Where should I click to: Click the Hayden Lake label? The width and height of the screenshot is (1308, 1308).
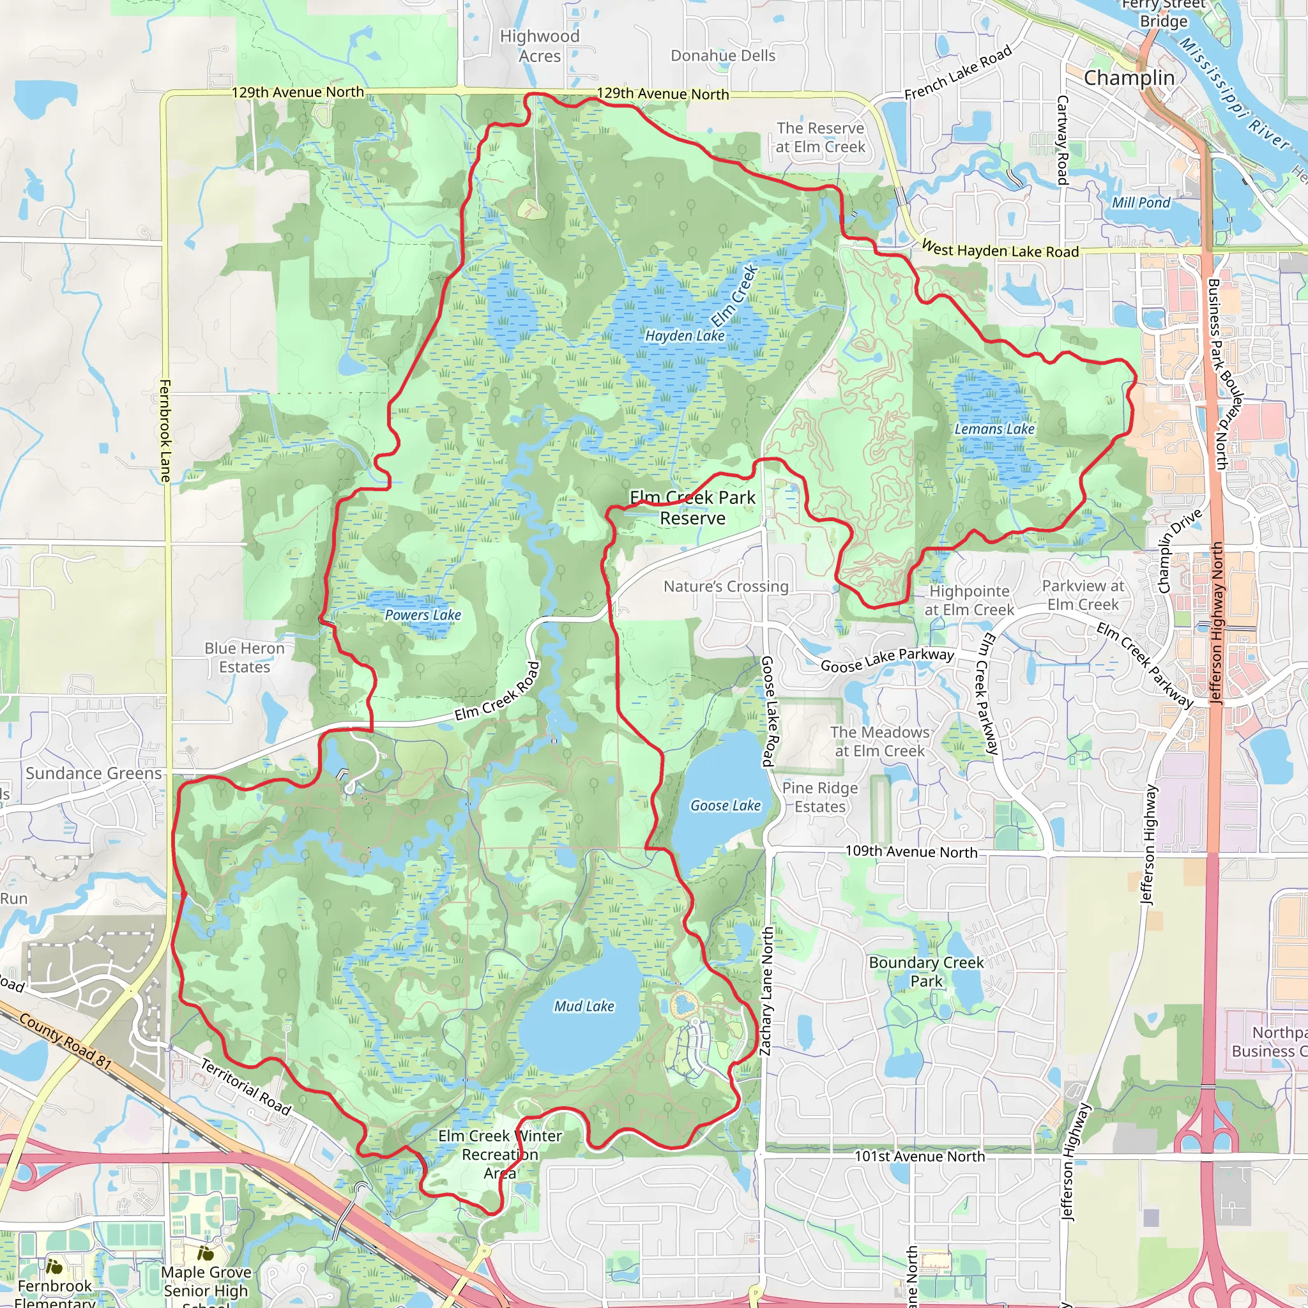pyautogui.click(x=685, y=336)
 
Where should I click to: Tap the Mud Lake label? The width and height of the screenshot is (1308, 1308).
pyautogui.click(x=584, y=1006)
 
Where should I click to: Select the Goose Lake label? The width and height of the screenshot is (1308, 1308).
pyautogui.click(x=725, y=805)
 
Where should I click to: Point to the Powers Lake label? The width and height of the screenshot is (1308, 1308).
pyautogui.click(x=422, y=615)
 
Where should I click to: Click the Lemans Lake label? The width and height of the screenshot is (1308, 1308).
pyautogui.click(x=994, y=429)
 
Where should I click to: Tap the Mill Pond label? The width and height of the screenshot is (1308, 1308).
pyautogui.click(x=1141, y=202)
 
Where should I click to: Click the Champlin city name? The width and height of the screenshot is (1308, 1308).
pyautogui.click(x=1129, y=78)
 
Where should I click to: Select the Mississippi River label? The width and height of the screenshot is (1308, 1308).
pyautogui.click(x=1233, y=95)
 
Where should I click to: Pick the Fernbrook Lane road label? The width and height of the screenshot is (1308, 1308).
pyautogui.click(x=165, y=430)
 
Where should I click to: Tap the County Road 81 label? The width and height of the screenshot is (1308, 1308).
pyautogui.click(x=65, y=1041)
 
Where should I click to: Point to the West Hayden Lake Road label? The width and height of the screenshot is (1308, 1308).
pyautogui.click(x=1000, y=250)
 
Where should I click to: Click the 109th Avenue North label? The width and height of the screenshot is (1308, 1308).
pyautogui.click(x=911, y=852)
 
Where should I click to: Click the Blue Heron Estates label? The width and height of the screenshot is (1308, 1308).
pyautogui.click(x=245, y=657)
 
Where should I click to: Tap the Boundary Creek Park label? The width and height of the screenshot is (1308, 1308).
pyautogui.click(x=925, y=971)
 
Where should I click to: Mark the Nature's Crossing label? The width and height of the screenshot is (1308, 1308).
pyautogui.click(x=726, y=586)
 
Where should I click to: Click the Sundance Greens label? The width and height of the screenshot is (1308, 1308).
pyautogui.click(x=93, y=773)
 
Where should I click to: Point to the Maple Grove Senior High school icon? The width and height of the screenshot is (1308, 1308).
pyautogui.click(x=205, y=1254)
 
